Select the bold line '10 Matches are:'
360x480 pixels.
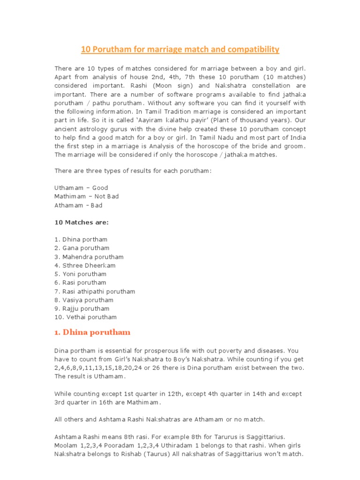(82, 222)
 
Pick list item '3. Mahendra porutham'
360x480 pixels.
(89, 257)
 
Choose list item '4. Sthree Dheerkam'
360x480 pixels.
(85, 265)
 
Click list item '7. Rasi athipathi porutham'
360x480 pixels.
(95, 291)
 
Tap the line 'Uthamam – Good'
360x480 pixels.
(81, 188)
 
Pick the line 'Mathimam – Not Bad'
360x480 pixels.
(87, 196)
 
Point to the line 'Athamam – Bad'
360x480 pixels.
(78, 205)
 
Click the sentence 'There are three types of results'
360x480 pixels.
(133, 171)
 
